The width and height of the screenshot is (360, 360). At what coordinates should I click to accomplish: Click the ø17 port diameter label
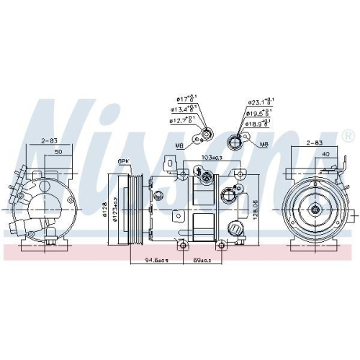185,99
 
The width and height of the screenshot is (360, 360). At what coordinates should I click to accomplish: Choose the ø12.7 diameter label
181,120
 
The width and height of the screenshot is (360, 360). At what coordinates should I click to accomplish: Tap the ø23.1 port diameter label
258,102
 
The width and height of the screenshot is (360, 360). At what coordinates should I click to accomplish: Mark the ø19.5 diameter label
258,112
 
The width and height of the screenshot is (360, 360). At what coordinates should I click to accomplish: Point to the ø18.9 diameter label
258,123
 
